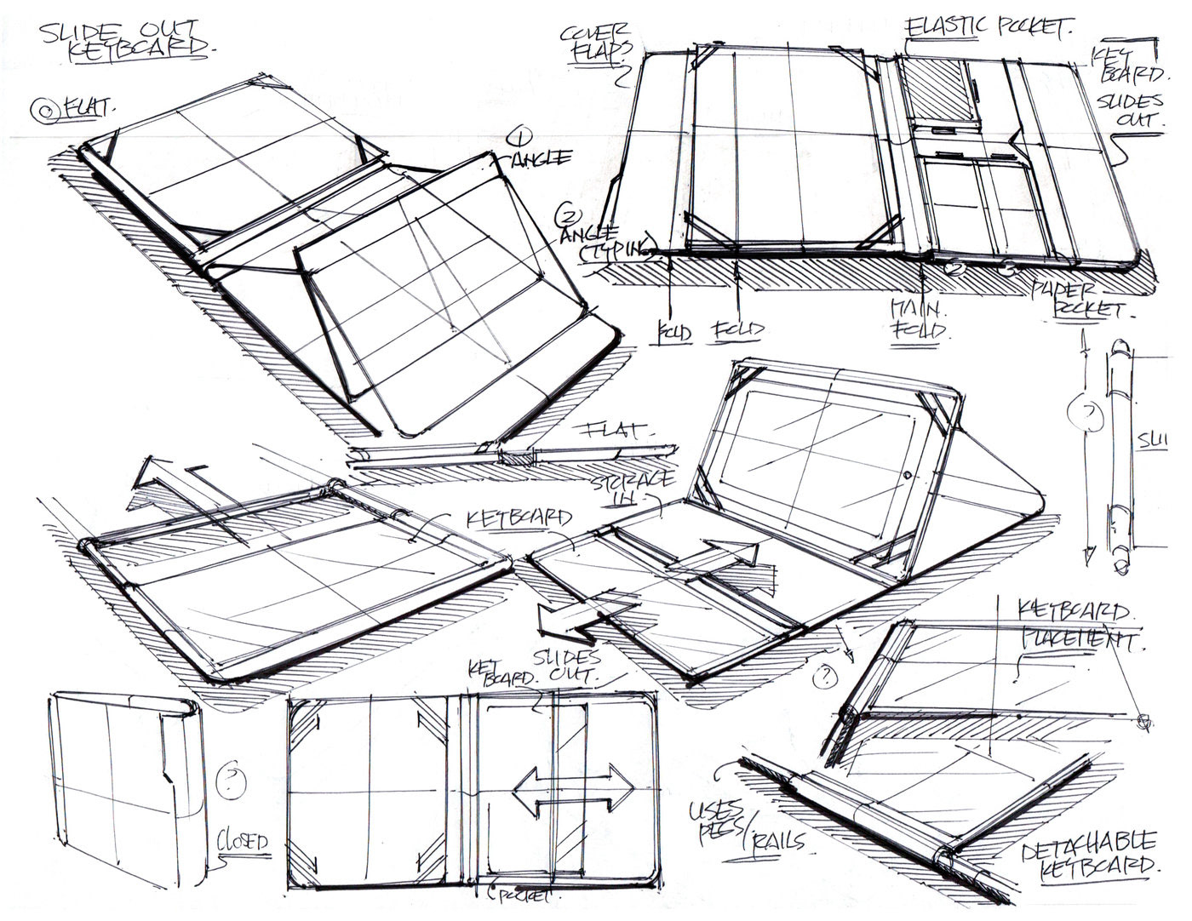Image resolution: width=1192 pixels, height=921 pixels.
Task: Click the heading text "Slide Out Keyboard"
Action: pos(129,37)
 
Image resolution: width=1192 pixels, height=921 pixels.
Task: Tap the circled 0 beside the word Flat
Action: pos(42,108)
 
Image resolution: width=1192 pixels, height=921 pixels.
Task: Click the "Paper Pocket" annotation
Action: pos(1081,299)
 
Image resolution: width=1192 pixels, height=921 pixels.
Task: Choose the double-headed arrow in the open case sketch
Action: pos(572,787)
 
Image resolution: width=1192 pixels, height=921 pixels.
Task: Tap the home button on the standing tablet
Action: pos(909,474)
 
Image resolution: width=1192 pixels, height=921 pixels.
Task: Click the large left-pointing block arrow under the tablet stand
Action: pos(587,618)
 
